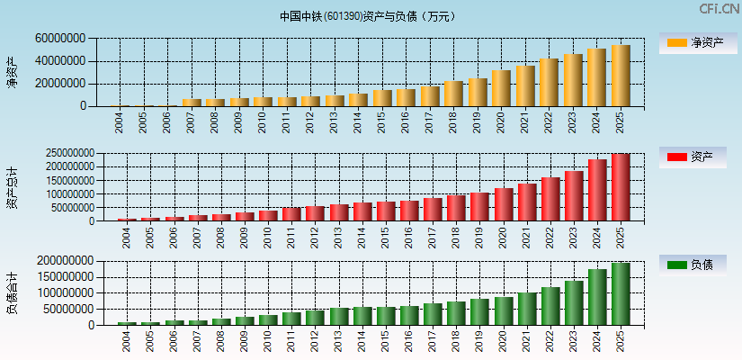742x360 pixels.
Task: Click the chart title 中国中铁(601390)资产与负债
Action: (368, 15)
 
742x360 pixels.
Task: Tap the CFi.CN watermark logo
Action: (719, 9)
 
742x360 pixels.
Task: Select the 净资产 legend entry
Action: (693, 42)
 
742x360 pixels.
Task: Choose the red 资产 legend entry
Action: (693, 157)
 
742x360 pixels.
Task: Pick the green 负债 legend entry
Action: (693, 265)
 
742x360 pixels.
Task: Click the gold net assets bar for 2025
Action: (621, 76)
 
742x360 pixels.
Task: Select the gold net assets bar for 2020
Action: (501, 88)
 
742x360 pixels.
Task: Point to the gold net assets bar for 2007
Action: (192, 102)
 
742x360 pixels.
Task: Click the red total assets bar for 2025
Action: (621, 187)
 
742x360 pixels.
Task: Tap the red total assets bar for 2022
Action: (550, 199)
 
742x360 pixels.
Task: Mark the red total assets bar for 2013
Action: (338, 212)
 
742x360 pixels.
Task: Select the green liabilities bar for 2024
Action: (597, 296)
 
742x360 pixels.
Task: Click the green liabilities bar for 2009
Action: (245, 320)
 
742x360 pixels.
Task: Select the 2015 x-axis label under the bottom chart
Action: (384, 341)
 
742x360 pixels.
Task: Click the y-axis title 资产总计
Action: (13, 187)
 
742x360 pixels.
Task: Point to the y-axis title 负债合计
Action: (13, 293)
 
